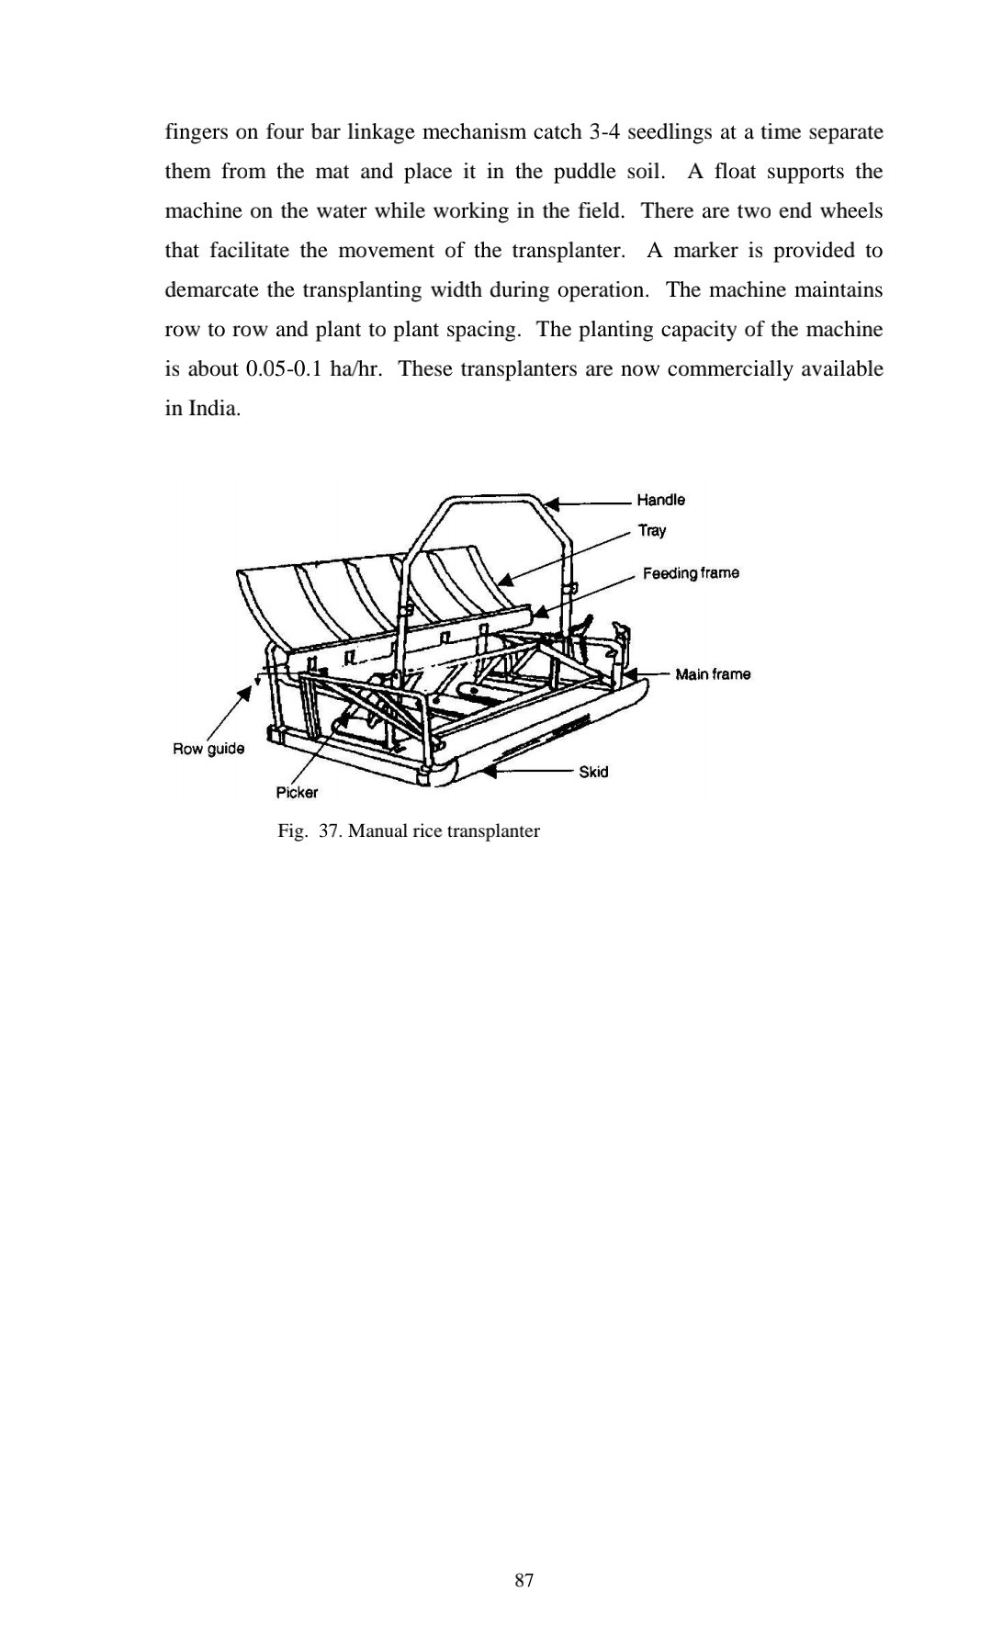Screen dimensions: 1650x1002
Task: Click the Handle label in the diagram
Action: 660,500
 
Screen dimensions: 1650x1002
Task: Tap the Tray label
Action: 652,530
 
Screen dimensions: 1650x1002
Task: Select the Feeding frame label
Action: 691,573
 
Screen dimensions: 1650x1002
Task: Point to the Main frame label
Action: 713,674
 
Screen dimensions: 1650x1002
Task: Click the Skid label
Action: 593,772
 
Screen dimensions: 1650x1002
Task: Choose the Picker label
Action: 297,792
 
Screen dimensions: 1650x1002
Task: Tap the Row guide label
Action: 208,749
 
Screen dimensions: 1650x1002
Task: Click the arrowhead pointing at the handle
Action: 551,503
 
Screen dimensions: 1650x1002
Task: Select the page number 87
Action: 524,1580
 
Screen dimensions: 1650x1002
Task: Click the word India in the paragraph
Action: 213,409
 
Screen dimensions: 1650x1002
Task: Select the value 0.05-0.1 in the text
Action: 287,369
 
